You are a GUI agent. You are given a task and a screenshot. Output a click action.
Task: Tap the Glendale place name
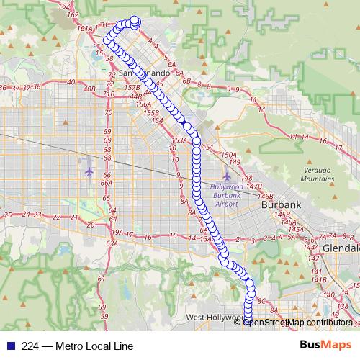(341, 247)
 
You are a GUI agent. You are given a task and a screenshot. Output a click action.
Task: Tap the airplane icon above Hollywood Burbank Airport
(227, 175)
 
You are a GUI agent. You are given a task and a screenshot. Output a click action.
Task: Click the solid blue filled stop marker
(186, 126)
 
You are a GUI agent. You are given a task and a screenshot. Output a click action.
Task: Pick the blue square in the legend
(9, 346)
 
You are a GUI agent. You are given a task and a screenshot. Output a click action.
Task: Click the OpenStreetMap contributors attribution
(297, 322)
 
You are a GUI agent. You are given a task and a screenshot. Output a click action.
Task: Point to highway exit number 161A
(84, 29)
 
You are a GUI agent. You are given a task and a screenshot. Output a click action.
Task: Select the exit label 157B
(131, 87)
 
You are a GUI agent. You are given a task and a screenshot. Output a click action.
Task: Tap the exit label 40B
(89, 89)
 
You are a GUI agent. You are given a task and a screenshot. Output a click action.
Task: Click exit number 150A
(229, 154)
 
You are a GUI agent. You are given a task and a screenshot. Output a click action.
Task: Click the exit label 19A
(117, 233)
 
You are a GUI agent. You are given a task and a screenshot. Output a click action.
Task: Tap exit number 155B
(151, 113)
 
